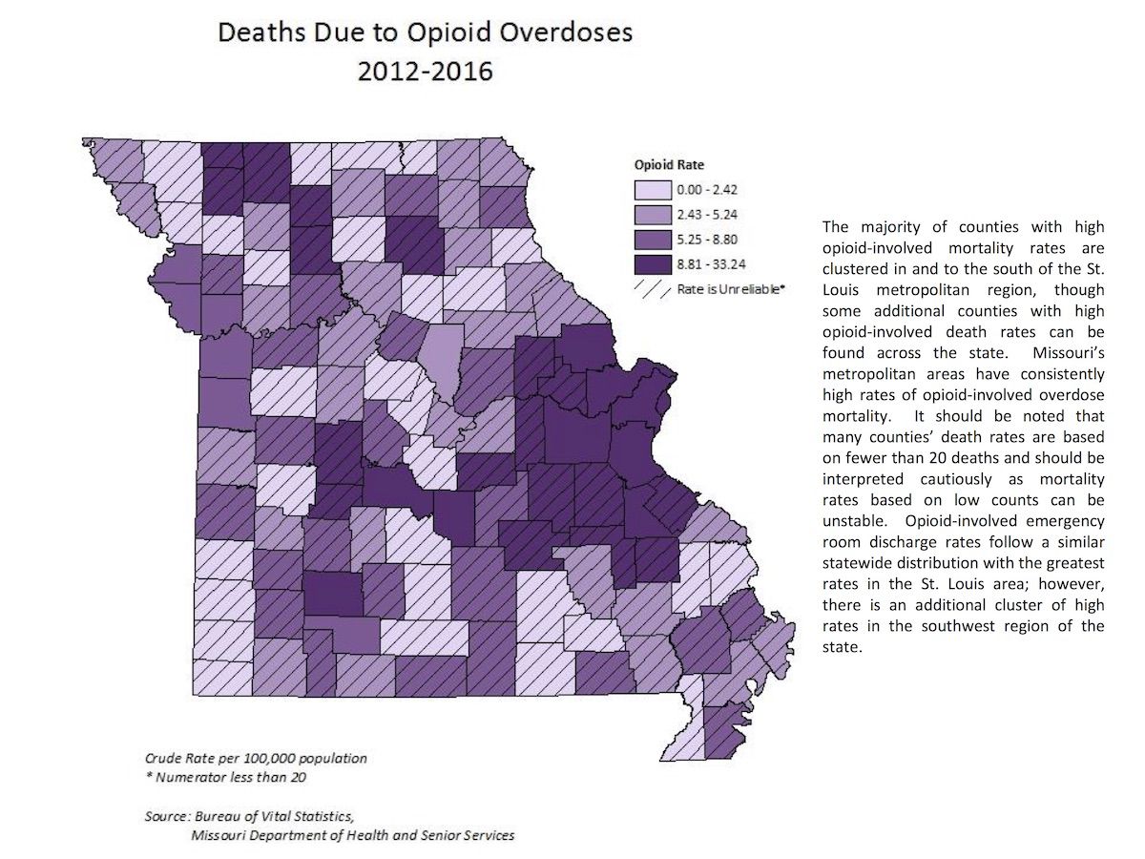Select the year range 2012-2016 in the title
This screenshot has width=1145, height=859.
pyautogui.click(x=425, y=72)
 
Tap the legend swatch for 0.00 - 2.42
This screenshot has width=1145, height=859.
pyautogui.click(x=649, y=194)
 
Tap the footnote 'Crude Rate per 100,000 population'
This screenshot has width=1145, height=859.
pyautogui.click(x=256, y=758)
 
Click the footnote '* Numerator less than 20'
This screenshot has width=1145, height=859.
pyautogui.click(x=225, y=777)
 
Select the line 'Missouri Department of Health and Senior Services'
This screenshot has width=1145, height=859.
pyautogui.click(x=352, y=835)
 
